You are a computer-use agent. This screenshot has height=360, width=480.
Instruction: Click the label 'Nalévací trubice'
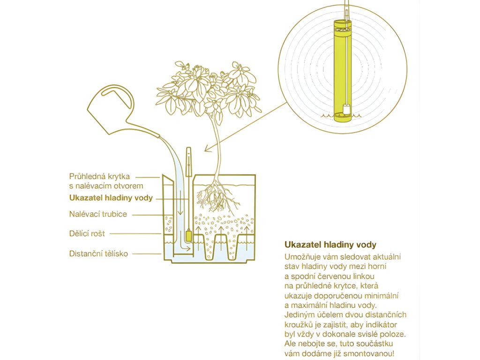click(x=98, y=214)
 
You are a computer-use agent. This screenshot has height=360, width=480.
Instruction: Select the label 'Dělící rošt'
click(x=87, y=233)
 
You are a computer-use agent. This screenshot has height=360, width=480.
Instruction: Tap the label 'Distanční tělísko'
click(x=98, y=254)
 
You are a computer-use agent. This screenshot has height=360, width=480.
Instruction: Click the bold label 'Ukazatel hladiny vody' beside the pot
click(x=111, y=198)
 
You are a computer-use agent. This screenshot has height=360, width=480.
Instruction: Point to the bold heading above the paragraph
click(x=330, y=245)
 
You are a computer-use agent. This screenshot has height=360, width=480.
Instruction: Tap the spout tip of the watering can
click(x=158, y=135)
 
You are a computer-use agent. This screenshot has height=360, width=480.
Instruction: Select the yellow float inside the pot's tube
click(x=189, y=236)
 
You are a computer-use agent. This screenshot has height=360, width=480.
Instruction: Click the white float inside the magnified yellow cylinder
click(x=346, y=109)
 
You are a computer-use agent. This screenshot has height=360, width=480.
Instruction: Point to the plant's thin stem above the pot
click(x=217, y=147)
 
